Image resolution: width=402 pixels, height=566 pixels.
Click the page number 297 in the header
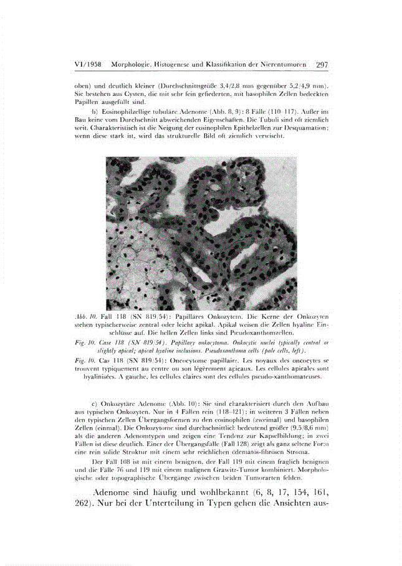coord(322,65)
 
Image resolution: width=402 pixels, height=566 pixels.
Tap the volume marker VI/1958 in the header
coord(89,65)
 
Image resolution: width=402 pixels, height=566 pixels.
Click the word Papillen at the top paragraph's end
coord(85,101)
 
